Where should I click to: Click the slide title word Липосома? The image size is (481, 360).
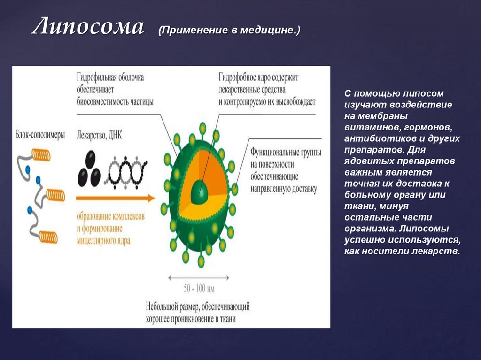(x=87, y=28)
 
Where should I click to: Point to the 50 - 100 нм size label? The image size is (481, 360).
(x=199, y=288)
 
